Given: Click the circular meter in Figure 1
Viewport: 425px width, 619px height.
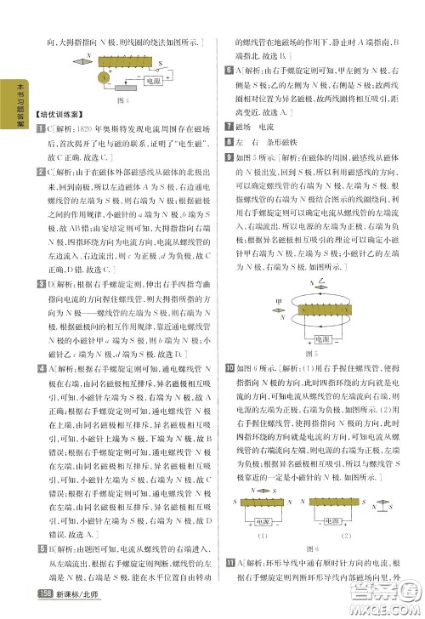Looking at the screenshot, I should (101, 77).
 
